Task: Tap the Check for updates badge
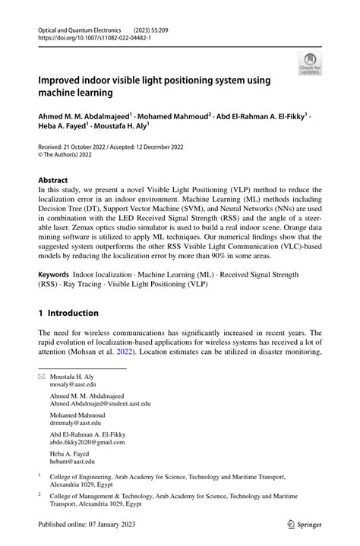click(x=309, y=64)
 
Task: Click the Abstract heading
click(x=58, y=181)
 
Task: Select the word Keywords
click(x=59, y=273)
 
